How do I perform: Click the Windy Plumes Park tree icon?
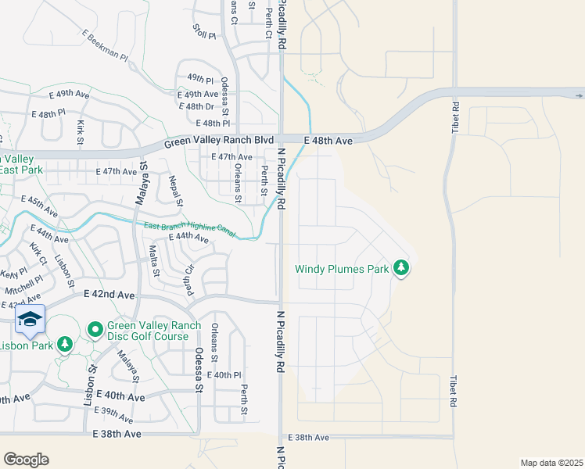click(401, 269)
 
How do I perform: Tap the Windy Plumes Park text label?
click(342, 270)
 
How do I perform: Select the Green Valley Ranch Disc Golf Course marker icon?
click(95, 330)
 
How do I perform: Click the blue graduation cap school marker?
click(30, 318)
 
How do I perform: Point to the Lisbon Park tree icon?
click(65, 344)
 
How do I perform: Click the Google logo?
click(26, 460)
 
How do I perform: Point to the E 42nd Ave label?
click(109, 295)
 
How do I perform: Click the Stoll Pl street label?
click(203, 32)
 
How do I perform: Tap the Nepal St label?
click(175, 192)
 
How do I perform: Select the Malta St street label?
click(154, 261)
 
